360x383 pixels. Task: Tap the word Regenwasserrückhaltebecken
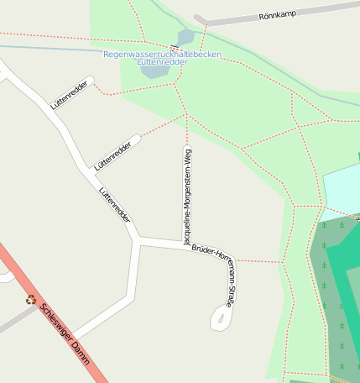163,54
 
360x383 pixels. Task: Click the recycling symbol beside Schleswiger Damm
31,299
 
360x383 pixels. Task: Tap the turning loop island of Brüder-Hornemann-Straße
220,318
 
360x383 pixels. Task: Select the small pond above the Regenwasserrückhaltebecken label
185,38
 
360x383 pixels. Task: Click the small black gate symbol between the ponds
174,48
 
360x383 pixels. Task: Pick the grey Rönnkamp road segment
252,18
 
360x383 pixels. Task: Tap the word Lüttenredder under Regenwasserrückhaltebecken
162,62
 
